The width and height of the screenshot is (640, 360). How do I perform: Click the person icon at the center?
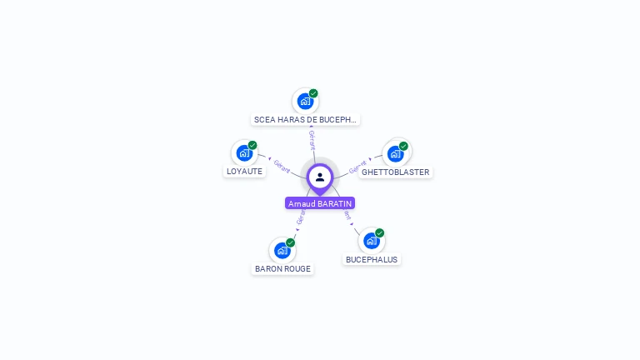(320, 177)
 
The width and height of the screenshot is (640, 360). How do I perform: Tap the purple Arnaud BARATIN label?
(320, 203)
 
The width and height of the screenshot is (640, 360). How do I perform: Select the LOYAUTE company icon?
(243, 153)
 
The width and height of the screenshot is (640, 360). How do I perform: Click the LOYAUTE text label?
(244, 172)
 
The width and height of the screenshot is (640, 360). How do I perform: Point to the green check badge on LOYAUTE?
(252, 145)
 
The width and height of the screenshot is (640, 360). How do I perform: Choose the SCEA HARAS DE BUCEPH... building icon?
(305, 101)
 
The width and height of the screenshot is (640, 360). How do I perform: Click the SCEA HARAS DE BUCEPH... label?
(305, 120)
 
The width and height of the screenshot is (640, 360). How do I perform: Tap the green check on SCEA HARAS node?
(313, 93)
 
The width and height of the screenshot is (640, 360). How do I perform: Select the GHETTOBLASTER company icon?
(395, 153)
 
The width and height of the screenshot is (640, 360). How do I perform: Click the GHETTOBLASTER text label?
(396, 172)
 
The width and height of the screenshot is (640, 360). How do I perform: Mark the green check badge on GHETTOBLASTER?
(403, 146)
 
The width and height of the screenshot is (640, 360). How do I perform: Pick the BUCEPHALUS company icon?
(371, 240)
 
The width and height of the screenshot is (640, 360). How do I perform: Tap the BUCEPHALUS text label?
(372, 259)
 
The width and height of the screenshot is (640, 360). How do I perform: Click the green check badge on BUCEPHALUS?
(379, 232)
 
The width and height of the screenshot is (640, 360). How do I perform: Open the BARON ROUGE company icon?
(282, 250)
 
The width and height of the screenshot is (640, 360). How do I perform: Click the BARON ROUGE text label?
(282, 269)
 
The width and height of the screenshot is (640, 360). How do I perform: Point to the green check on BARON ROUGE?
(290, 242)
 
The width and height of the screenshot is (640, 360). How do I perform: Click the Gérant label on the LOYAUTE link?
(282, 167)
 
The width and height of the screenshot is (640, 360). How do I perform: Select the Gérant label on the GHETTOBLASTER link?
(357, 167)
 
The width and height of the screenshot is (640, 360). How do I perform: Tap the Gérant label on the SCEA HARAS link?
(312, 139)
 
